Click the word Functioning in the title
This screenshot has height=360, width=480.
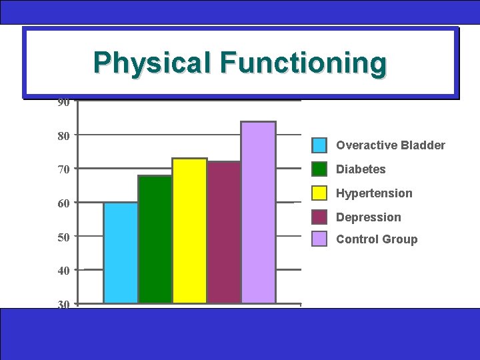(x=303, y=63)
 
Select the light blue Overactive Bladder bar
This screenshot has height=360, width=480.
(x=121, y=253)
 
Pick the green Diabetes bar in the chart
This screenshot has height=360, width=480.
(x=155, y=240)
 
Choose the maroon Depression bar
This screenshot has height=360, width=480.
(x=224, y=233)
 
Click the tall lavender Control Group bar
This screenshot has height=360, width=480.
(x=259, y=213)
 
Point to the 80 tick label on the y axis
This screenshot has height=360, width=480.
(x=63, y=135)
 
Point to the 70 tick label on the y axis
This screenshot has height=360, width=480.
(x=63, y=169)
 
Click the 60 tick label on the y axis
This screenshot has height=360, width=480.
(x=63, y=203)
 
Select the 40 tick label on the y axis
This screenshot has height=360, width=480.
(x=63, y=271)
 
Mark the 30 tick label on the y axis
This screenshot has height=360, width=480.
(x=63, y=305)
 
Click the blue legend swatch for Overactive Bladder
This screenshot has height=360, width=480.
(x=320, y=145)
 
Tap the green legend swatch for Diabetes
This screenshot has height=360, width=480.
(x=320, y=169)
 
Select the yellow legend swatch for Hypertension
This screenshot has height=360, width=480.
(x=320, y=193)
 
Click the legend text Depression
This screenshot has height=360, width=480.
(x=369, y=217)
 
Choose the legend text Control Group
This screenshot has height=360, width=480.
(x=377, y=239)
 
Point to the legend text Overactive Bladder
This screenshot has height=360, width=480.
(x=391, y=145)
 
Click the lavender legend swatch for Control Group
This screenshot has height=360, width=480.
(x=320, y=239)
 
